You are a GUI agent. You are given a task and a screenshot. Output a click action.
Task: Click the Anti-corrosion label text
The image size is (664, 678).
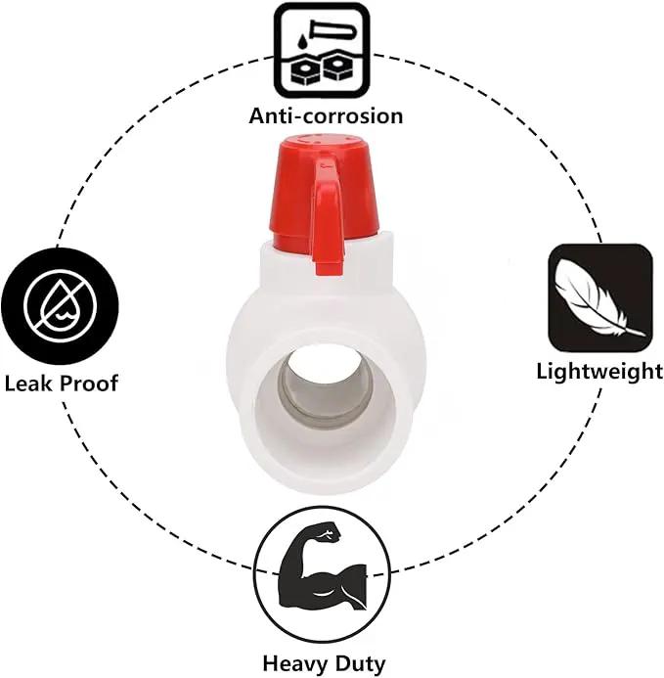pos(326,115)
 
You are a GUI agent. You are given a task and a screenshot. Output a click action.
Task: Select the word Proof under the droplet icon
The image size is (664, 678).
pos(89,384)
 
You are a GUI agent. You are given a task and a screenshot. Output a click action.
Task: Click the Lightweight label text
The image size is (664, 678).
pos(599,372)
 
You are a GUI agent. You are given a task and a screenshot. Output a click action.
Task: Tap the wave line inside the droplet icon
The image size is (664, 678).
pos(61,316)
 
